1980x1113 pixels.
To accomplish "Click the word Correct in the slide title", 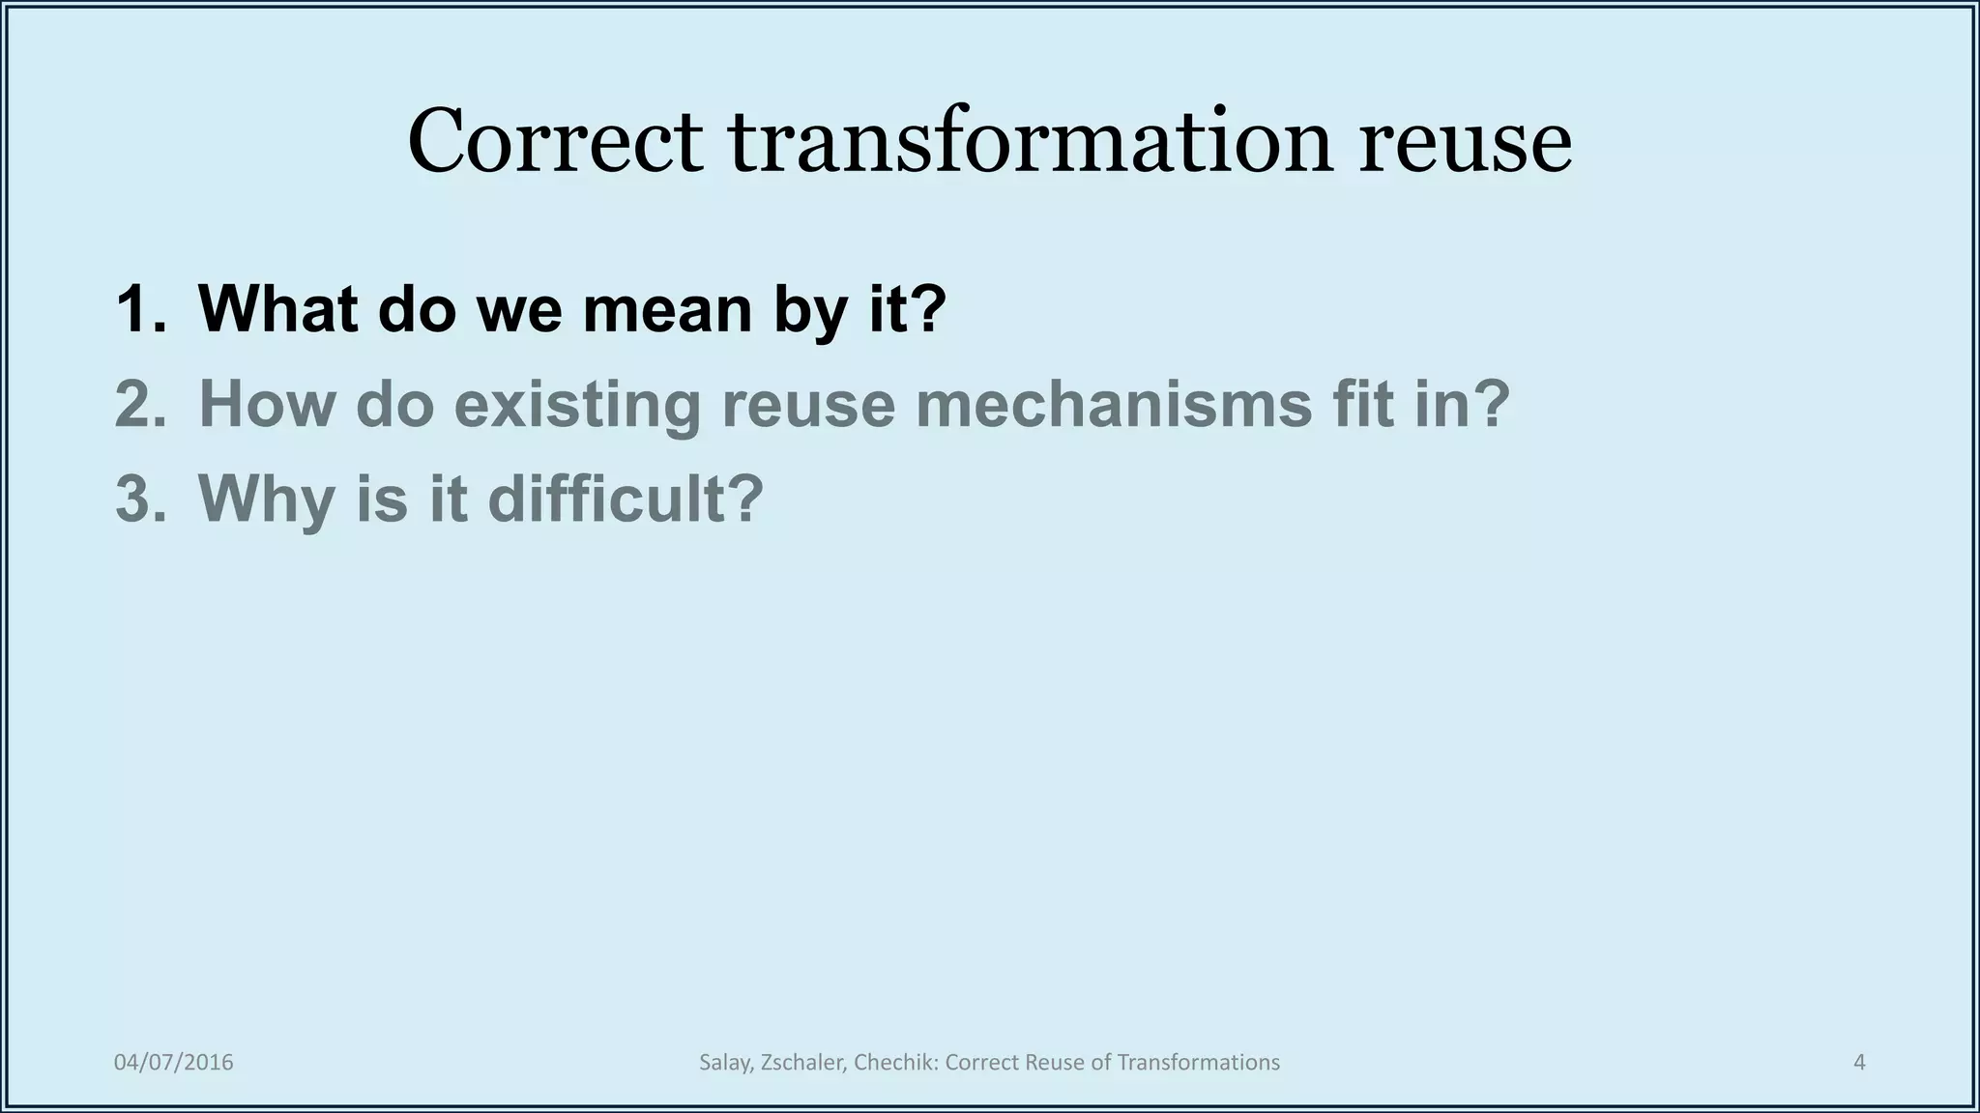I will (x=555, y=142).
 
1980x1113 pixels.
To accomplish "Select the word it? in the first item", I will (x=908, y=309).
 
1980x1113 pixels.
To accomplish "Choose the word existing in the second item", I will (x=577, y=406).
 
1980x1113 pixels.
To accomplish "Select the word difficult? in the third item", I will (x=626, y=499).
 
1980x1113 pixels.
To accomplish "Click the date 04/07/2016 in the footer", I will (x=174, y=1063).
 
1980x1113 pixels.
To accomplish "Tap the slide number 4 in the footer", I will (x=1859, y=1063).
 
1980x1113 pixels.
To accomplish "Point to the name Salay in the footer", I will (x=725, y=1063).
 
